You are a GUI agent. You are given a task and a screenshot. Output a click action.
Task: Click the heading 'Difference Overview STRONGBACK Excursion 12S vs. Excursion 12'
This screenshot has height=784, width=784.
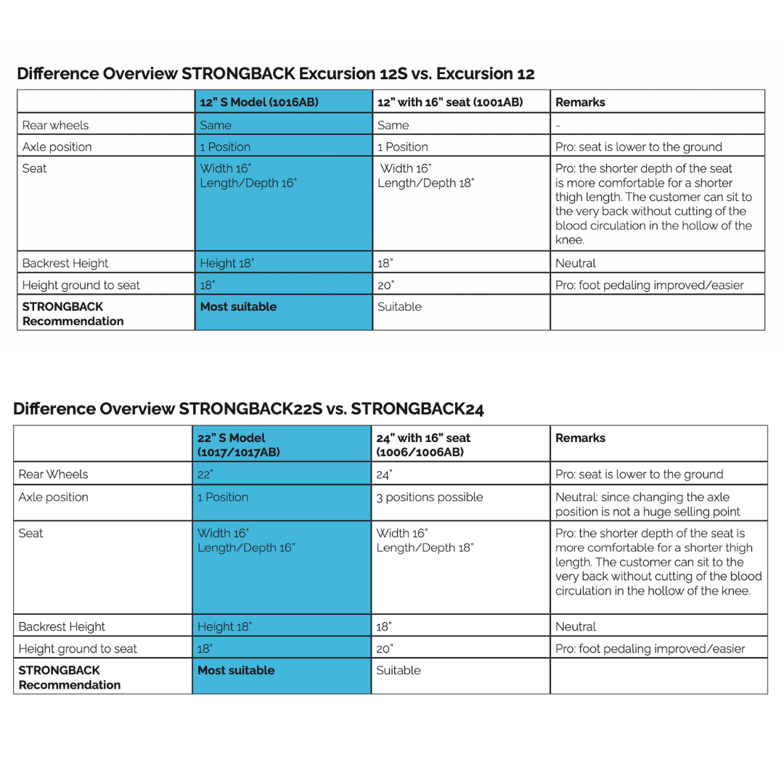pyautogui.click(x=276, y=74)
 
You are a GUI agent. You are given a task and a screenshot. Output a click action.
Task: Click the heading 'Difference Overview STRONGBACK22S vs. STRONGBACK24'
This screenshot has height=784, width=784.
pyautogui.click(x=248, y=409)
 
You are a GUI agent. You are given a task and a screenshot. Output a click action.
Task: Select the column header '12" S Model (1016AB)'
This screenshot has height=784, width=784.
pyautogui.click(x=258, y=102)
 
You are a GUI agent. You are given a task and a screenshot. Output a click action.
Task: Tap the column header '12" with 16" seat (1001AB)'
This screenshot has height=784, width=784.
pyautogui.click(x=450, y=102)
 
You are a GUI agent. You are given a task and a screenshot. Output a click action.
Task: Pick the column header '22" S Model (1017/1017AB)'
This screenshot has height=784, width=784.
pyautogui.click(x=239, y=445)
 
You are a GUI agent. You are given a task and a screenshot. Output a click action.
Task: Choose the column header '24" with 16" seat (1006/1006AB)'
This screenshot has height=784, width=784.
pyautogui.click(x=423, y=445)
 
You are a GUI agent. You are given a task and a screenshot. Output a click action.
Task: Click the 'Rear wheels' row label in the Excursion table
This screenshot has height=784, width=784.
pyautogui.click(x=55, y=126)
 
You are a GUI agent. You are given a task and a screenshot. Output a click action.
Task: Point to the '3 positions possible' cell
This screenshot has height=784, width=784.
pyautogui.click(x=429, y=497)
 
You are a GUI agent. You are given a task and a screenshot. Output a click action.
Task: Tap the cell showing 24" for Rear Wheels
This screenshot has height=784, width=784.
pyautogui.click(x=384, y=475)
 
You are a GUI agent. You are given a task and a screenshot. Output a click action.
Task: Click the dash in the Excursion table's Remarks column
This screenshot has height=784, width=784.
pyautogui.click(x=558, y=126)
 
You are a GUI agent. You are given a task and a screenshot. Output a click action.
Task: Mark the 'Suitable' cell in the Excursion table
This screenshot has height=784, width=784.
pyautogui.click(x=399, y=307)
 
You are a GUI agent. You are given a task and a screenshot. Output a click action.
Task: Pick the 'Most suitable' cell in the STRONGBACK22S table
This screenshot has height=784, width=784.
pyautogui.click(x=236, y=671)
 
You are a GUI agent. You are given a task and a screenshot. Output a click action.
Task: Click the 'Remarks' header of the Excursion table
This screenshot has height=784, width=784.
pyautogui.click(x=580, y=102)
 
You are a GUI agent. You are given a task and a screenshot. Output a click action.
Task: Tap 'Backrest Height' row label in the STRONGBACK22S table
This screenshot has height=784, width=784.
pyautogui.click(x=62, y=626)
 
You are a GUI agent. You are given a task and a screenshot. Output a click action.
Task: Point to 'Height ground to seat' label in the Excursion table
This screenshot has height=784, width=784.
pyautogui.click(x=81, y=285)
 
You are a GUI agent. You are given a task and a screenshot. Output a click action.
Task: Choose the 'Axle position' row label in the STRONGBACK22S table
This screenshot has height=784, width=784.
pyautogui.click(x=53, y=497)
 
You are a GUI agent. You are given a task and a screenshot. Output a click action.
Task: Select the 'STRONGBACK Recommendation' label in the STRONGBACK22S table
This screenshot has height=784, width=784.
pyautogui.click(x=70, y=677)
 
